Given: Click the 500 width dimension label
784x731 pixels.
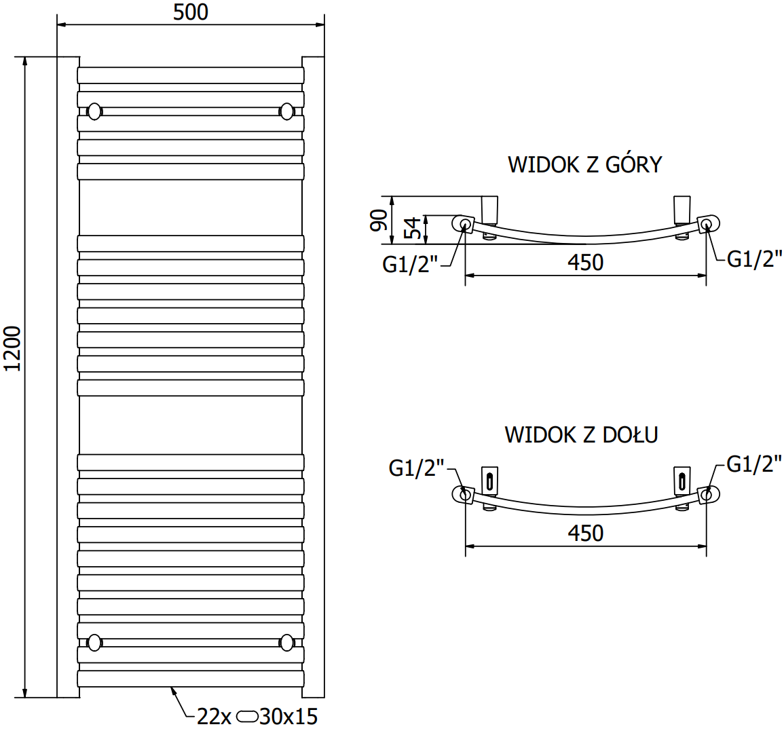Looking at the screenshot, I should (x=191, y=12).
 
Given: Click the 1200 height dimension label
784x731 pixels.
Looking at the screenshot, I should (x=14, y=349).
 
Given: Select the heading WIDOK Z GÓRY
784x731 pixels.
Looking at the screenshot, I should (x=584, y=164).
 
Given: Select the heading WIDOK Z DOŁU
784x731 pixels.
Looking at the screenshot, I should (x=581, y=434).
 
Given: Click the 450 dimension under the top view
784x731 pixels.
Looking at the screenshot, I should (x=585, y=263).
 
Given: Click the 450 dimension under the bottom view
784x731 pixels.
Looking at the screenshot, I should (x=585, y=533).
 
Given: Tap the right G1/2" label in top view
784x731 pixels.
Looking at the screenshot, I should (x=754, y=259).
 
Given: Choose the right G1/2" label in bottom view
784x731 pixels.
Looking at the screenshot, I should (x=754, y=464).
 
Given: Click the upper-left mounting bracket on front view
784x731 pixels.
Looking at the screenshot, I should (x=94, y=111).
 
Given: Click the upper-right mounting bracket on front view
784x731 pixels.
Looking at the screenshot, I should (x=287, y=111).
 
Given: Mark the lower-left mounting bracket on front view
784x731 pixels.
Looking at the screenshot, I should (x=94, y=641).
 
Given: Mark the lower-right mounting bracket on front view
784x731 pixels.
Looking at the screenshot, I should (x=287, y=641).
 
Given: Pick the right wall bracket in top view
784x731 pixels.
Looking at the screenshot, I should (x=682, y=209).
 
